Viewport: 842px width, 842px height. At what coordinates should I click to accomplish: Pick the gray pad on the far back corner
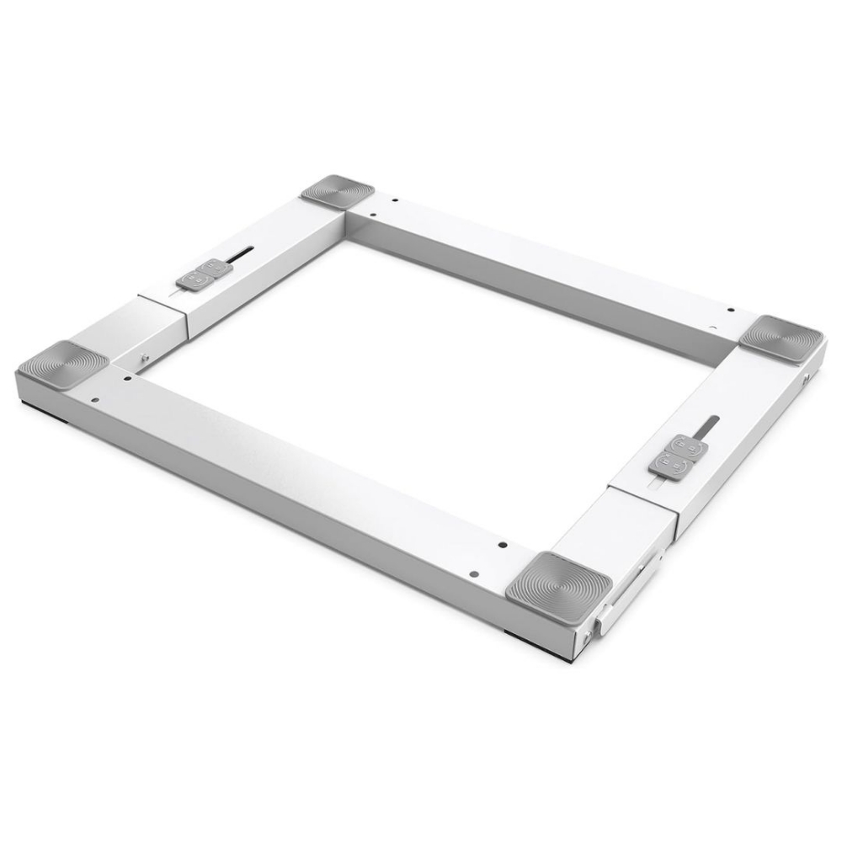pyautogui.click(x=338, y=191)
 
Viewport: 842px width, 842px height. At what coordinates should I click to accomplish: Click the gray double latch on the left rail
pyautogui.click(x=205, y=273)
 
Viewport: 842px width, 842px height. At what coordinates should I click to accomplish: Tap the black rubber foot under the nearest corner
pyautogui.click(x=523, y=632)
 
